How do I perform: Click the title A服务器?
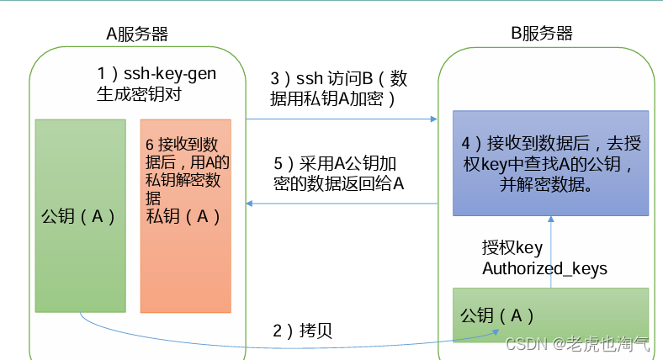[136, 34]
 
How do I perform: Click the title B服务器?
[542, 34]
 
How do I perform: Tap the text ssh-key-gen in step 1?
[170, 74]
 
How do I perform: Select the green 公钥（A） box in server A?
[78, 215]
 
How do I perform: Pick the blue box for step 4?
[550, 161]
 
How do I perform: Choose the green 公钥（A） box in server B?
[550, 315]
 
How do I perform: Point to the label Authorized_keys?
[544, 268]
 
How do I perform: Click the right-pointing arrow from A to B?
[341, 119]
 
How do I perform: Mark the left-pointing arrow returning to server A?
[341, 204]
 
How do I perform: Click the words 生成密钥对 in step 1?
[140, 95]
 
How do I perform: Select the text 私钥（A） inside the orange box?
[183, 216]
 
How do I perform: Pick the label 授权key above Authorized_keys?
[512, 247]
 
